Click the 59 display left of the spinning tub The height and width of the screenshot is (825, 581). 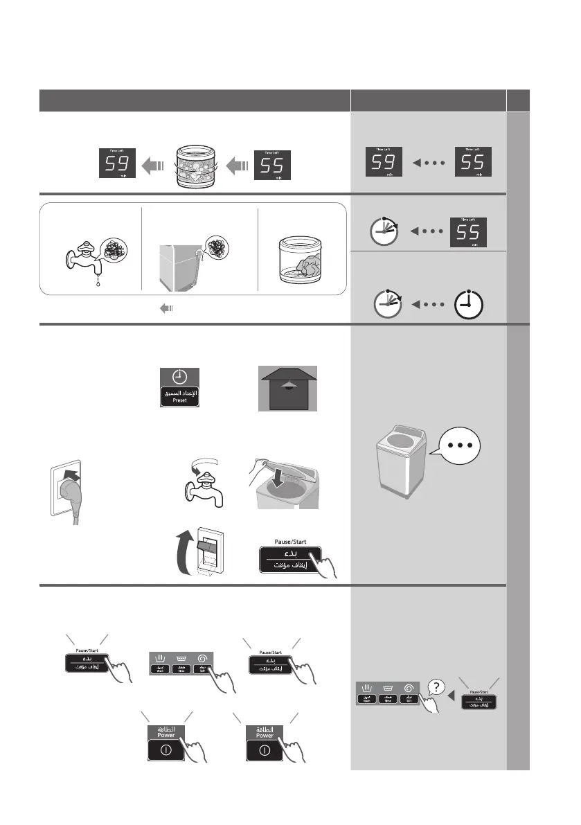tap(116, 165)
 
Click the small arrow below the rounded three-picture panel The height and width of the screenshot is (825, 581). tap(166, 310)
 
